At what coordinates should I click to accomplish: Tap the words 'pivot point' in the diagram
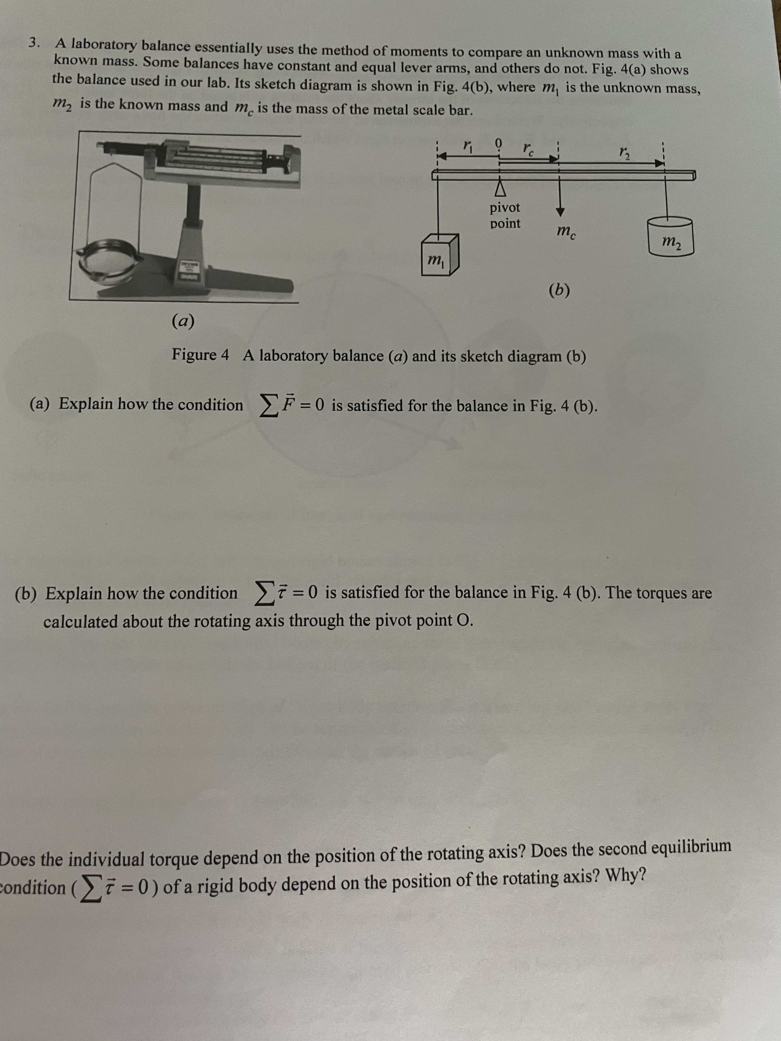505,215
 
